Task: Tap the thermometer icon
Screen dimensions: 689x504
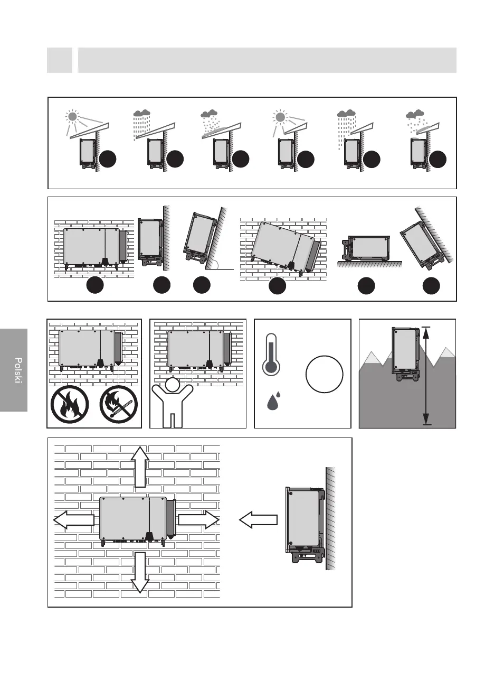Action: [x=271, y=355]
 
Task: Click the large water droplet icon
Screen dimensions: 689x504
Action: [x=272, y=403]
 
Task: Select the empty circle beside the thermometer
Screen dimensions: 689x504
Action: [x=324, y=374]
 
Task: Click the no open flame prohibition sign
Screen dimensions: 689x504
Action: [x=70, y=405]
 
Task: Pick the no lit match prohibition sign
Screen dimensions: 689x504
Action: [x=118, y=405]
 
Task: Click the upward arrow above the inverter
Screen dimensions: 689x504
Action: [x=139, y=466]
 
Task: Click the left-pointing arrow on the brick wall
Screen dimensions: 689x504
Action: [x=74, y=520]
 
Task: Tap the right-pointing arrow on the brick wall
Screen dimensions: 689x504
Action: [x=198, y=520]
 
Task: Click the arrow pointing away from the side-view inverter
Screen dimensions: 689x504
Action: [x=258, y=520]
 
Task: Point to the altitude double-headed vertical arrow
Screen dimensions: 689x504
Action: [x=426, y=376]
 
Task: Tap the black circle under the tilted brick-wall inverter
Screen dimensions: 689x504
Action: [x=277, y=286]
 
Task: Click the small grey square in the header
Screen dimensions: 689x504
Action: [x=60, y=60]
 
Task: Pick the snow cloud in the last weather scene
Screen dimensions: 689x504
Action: [x=415, y=114]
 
